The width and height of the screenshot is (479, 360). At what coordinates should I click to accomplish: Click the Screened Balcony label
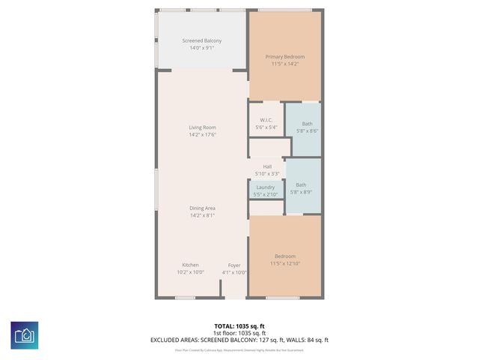(202, 40)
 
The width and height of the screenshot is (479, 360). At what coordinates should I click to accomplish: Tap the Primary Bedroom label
(285, 56)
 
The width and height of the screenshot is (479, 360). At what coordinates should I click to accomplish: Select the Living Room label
(202, 127)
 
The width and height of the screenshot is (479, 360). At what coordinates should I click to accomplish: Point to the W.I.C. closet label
(266, 121)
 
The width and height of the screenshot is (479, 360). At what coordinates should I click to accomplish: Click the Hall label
(266, 166)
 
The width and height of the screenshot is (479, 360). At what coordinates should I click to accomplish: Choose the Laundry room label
(266, 187)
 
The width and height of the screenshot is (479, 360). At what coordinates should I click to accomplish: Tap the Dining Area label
(202, 208)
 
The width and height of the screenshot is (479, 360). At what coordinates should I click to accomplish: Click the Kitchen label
(191, 265)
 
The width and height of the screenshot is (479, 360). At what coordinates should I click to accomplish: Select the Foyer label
(234, 265)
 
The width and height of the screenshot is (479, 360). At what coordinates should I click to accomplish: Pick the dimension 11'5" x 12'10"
(285, 264)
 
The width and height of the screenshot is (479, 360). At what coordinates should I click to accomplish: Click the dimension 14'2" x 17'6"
(202, 135)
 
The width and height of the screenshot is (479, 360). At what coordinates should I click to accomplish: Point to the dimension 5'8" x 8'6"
(308, 131)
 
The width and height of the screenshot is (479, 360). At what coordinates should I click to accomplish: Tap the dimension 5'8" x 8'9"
(301, 192)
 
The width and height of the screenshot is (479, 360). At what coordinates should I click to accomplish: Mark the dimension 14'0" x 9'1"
(202, 48)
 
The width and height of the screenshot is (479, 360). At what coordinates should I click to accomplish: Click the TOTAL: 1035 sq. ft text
(239, 326)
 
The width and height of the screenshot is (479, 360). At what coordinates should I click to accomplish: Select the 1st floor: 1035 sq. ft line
(239, 333)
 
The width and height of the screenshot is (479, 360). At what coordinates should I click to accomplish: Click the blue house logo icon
(25, 334)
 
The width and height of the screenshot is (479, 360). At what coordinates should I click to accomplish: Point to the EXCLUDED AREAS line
(239, 340)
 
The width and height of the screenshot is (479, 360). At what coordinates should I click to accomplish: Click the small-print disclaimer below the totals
(239, 349)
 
